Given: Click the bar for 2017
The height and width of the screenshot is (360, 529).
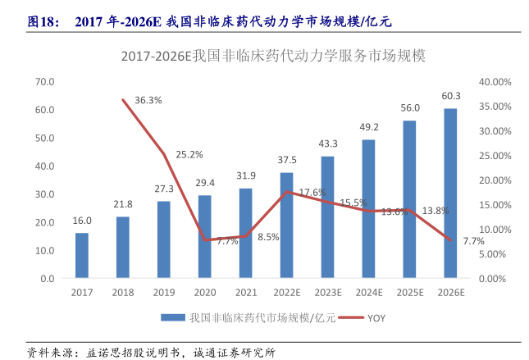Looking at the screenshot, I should [82, 256].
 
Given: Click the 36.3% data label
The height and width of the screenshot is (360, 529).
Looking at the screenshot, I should [148, 100].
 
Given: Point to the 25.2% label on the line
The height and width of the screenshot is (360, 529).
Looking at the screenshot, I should [189, 154].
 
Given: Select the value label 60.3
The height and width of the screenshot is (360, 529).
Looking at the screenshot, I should [451, 96].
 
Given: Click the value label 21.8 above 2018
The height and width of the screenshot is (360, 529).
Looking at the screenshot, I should [123, 204].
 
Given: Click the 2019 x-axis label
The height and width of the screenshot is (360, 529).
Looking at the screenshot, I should [164, 292].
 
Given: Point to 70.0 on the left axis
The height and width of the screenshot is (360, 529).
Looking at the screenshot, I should [45, 82].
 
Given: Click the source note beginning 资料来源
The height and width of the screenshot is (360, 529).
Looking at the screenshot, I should [151, 353].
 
